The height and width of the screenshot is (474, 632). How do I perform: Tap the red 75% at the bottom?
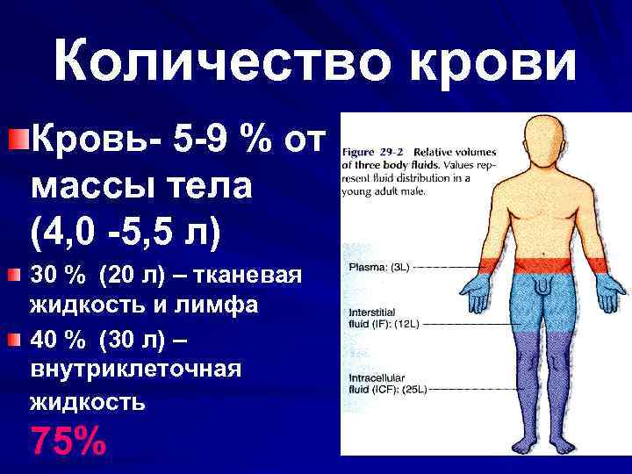click(68, 440)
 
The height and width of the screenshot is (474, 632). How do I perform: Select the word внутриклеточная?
click(135, 370)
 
